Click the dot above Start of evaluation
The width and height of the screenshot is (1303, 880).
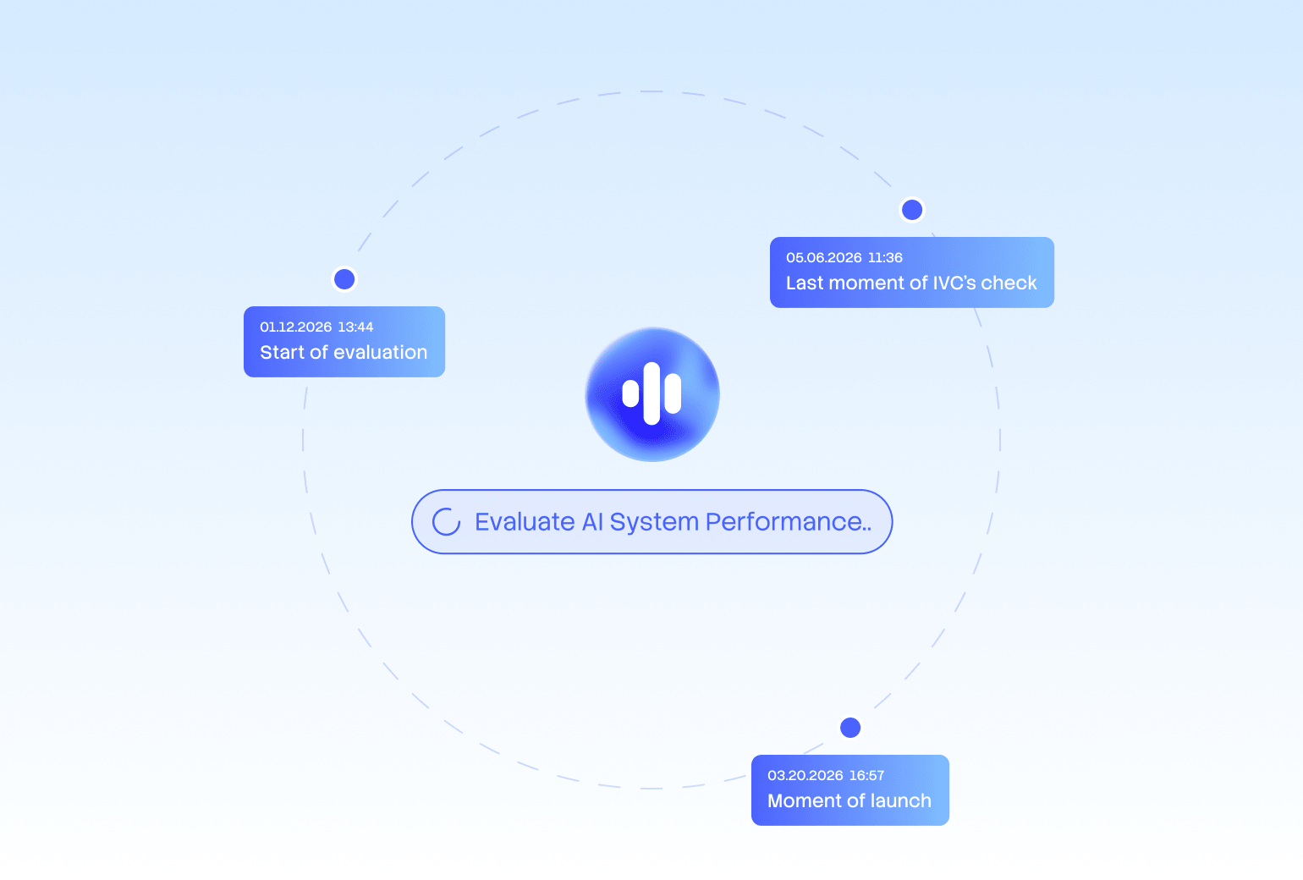point(344,279)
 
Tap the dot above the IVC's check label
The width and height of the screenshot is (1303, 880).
point(912,210)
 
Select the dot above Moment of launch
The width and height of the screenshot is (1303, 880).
point(850,728)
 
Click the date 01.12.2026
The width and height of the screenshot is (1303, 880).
point(295,327)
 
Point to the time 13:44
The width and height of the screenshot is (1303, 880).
point(355,327)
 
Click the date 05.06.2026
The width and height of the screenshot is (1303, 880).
point(823,258)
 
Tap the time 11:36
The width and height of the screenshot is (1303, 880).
point(885,258)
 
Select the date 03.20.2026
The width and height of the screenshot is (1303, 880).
point(805,776)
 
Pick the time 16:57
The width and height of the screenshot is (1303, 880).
point(866,776)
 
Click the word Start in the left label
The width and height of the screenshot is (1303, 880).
point(282,353)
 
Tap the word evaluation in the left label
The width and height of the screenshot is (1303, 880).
point(380,353)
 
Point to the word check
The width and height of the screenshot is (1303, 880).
point(1009,283)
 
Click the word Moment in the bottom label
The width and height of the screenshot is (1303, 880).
point(804,801)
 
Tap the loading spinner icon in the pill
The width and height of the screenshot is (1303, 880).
point(446,522)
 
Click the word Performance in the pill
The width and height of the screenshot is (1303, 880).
point(788,522)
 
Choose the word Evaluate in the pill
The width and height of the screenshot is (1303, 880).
point(525,522)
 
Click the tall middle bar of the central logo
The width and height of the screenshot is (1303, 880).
point(651,393)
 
